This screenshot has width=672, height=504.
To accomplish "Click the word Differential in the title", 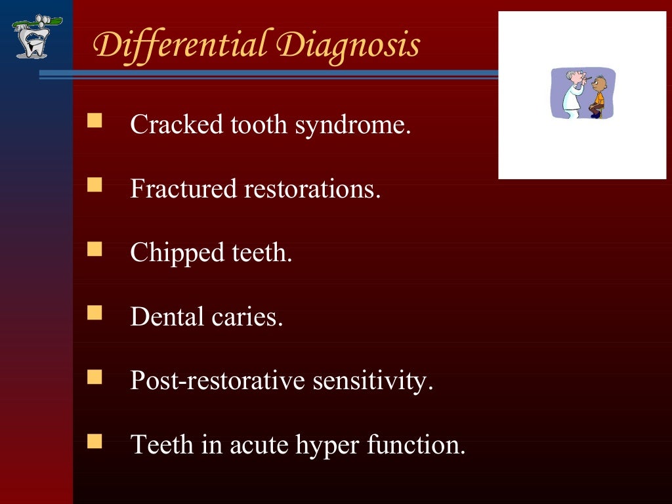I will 181,46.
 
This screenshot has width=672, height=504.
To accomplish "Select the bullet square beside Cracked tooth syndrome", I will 95,120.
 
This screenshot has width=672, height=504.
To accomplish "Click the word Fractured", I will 183,189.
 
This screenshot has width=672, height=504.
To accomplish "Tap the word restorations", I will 312,189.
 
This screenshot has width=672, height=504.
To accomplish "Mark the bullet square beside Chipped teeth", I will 95,249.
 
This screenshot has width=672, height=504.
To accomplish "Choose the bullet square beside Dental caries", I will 95,312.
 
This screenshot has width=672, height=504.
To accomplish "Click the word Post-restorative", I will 217,381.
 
